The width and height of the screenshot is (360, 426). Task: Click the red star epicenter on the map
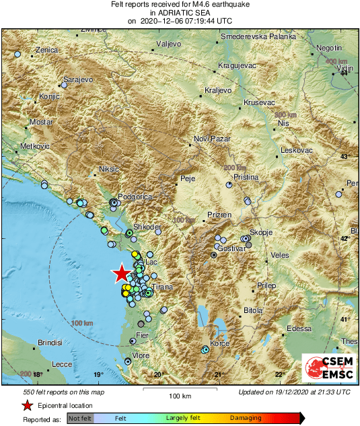point(120,273)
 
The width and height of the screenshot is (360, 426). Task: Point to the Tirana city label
point(163,287)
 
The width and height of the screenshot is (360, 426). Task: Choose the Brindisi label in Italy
point(50,343)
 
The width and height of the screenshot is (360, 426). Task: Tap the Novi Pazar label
point(211,139)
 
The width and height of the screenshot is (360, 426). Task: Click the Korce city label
point(220,344)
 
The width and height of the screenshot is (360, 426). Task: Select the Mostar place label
point(40,123)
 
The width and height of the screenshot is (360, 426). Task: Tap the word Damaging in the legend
point(246,418)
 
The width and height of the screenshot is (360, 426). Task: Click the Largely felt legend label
point(182,418)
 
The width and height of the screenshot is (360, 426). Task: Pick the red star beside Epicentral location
point(27,405)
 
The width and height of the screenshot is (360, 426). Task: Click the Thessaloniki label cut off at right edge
point(352,341)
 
